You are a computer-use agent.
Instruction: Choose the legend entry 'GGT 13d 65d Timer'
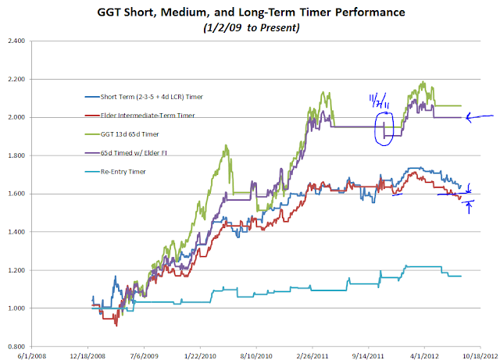[129, 132]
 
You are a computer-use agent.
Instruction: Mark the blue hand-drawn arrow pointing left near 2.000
[478, 118]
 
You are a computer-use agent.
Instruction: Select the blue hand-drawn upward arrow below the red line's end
[470, 207]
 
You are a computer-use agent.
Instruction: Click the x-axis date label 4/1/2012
[424, 354]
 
